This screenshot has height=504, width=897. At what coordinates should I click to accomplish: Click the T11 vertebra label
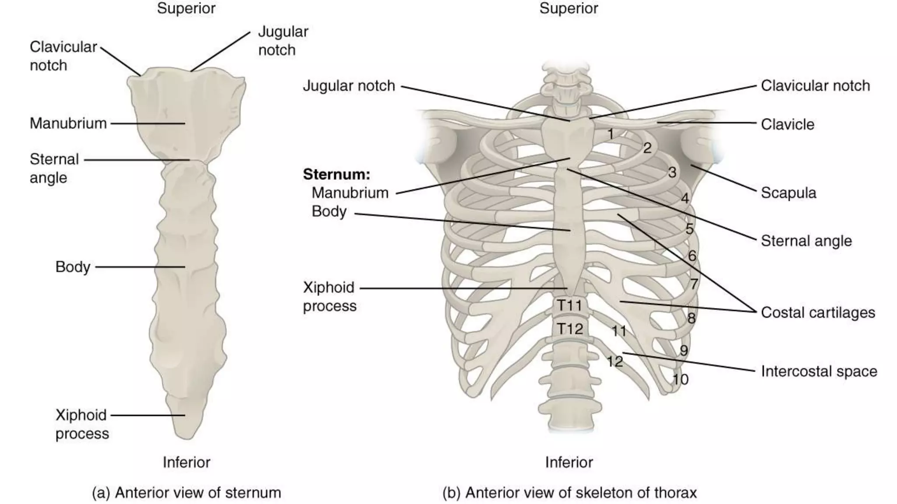point(569,305)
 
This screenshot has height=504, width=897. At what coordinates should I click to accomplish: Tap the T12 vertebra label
point(569,329)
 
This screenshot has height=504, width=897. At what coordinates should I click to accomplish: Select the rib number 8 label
point(691,318)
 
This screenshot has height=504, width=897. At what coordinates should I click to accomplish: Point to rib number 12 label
point(614,361)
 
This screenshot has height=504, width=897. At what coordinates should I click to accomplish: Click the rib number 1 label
point(611,134)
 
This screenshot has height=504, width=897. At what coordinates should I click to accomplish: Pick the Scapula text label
point(788,193)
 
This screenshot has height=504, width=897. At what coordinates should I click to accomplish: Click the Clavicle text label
point(788,124)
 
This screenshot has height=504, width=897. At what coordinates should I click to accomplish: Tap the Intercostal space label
point(819,371)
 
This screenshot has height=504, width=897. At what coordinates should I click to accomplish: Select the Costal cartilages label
point(818,312)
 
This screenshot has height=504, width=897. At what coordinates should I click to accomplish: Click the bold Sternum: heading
point(336,174)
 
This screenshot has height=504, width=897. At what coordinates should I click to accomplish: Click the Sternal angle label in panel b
point(806,241)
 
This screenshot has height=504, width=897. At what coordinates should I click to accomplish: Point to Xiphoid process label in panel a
point(81,424)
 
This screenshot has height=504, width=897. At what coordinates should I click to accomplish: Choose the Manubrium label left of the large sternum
point(68,123)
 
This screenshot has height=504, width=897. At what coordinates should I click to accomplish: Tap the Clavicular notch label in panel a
point(63,56)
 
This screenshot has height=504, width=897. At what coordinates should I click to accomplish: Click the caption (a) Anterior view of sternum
point(186,493)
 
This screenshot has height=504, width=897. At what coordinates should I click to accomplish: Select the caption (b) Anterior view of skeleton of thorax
point(569,493)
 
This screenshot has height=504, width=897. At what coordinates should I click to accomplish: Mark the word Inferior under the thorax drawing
point(569,462)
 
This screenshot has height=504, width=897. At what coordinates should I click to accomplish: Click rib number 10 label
point(680,379)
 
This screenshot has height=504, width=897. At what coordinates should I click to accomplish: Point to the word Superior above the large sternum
point(186,8)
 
